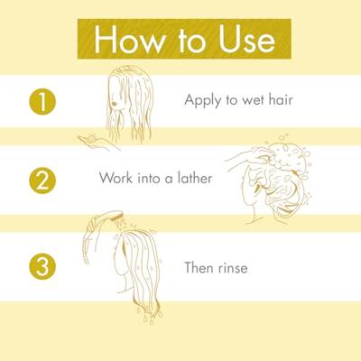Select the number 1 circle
42,101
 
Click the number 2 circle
42,180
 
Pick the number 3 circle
42,268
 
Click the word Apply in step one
203,100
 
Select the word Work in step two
116,178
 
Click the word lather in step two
193,178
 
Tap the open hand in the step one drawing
93,140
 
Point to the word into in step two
153,178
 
